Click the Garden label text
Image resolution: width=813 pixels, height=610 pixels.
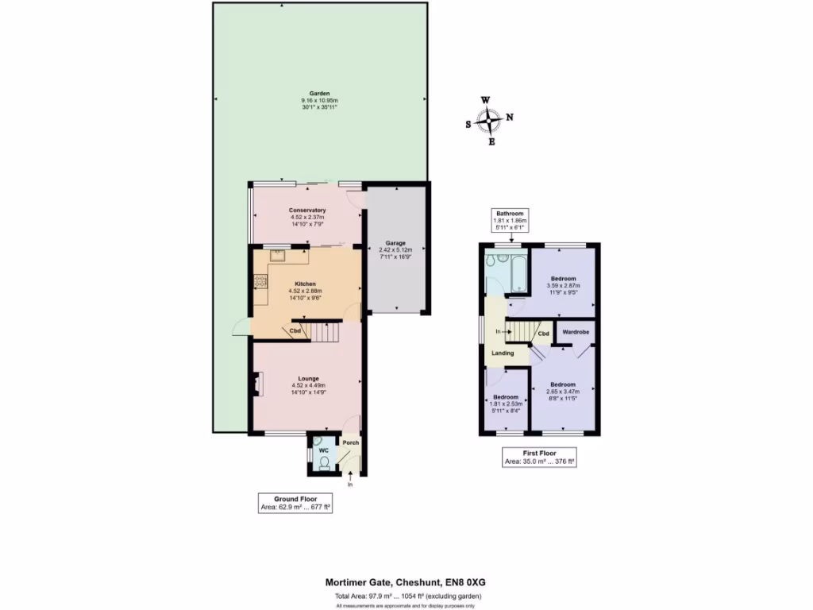coord(319,92)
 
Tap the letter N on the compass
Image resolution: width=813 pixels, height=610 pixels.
coord(510,118)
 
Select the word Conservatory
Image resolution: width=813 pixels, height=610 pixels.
coord(307,210)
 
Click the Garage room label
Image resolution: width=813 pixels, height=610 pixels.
coord(396,243)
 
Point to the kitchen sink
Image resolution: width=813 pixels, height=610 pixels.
coord(278,256)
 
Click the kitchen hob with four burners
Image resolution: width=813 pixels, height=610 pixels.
coord(260,280)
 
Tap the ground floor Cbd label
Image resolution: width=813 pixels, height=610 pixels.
coord(295,330)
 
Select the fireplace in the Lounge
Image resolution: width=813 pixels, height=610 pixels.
coord(256,384)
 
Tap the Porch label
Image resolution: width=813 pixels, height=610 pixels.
coord(350,443)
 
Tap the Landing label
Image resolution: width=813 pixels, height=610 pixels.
coord(503,353)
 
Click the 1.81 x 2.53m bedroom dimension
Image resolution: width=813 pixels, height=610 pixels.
coord(506,403)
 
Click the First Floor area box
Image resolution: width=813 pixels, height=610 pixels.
coord(539,457)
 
